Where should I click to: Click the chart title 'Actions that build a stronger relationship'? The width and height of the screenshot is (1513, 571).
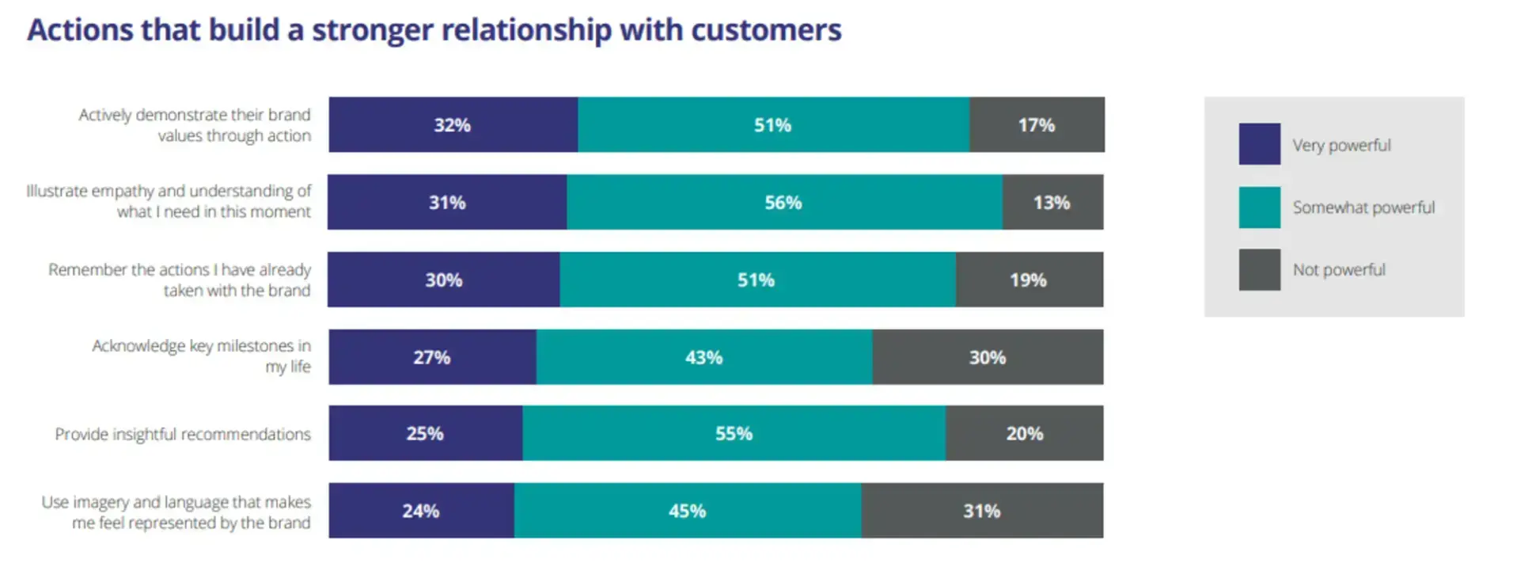coord(434,30)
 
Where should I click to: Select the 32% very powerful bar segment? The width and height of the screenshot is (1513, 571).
coord(453,125)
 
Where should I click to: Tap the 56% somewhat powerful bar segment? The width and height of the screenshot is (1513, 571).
coord(783,203)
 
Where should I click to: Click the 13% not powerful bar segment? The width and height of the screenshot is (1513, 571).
coord(1052,203)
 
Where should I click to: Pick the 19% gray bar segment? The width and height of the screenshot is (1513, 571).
coord(1028,280)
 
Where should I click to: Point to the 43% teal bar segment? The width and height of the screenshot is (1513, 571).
coord(703,357)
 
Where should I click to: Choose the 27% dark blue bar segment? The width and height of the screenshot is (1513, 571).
coord(432,357)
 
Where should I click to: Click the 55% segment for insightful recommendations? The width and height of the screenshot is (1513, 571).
coord(734,434)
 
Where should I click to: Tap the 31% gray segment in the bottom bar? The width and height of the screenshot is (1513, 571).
coord(981,511)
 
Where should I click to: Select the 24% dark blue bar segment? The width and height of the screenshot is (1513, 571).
coord(421,511)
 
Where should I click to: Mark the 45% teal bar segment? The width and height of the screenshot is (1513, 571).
coord(687,511)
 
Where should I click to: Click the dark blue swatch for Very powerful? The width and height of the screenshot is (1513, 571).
coord(1259,144)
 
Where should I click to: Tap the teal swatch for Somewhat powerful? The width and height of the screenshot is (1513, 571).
coord(1259,207)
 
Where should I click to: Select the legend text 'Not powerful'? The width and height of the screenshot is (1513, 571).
coord(1339,270)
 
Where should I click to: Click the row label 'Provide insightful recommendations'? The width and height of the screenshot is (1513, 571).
coord(183,434)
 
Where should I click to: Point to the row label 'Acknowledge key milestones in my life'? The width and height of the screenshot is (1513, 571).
coord(202,356)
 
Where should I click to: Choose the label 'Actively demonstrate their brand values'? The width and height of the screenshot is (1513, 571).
coord(195,125)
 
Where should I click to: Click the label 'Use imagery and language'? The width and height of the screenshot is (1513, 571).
coord(176,512)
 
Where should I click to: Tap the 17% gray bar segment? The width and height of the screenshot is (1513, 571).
coord(1036,125)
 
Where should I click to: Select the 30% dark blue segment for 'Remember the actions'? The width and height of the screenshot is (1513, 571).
coord(443,280)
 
